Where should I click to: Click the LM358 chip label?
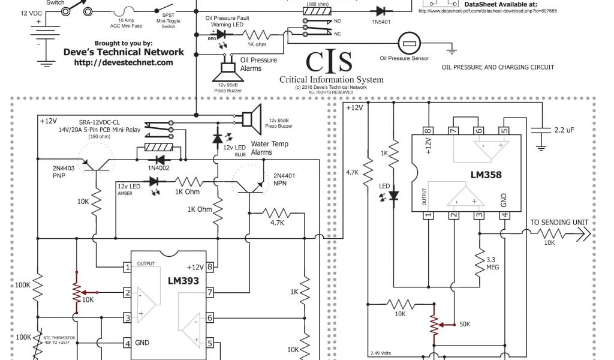tap(486, 175)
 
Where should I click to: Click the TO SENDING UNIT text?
tap(559, 223)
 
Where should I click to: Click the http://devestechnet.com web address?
tap(124, 62)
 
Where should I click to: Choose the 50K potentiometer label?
tap(464, 324)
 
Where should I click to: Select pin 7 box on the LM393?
tap(210, 293)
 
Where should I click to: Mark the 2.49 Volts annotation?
tap(381, 352)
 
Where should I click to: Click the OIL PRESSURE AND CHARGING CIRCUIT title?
tap(498, 67)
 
